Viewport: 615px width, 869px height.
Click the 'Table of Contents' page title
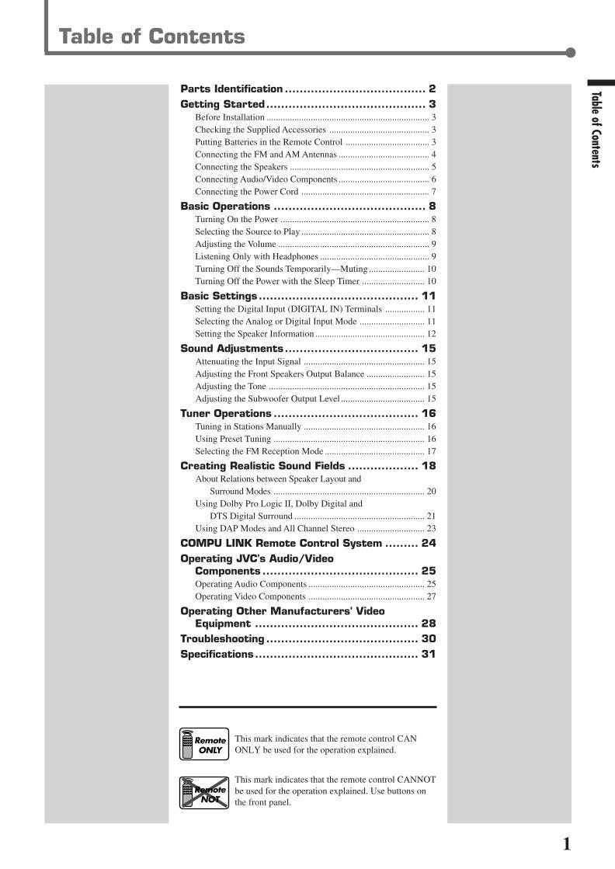(151, 36)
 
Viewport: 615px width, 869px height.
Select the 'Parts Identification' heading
(231, 89)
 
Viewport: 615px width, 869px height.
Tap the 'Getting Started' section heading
(222, 104)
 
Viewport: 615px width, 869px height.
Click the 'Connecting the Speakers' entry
(241, 167)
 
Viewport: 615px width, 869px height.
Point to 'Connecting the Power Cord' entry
(246, 192)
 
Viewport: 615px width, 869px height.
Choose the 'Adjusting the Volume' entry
(235, 244)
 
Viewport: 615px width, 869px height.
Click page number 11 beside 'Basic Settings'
(429, 296)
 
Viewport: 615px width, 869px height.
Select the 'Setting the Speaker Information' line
(254, 334)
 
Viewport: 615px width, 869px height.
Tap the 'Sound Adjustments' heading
(231, 349)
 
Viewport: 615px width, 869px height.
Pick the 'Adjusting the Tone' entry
(230, 387)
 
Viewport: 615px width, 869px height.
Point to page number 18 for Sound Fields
(429, 466)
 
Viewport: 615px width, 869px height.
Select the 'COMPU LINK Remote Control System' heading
(281, 544)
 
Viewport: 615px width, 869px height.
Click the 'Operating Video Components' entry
(250, 596)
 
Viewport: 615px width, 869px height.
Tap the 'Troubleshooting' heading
(222, 639)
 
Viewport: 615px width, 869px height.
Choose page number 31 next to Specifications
(429, 655)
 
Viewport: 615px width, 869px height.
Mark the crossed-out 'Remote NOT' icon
(204, 792)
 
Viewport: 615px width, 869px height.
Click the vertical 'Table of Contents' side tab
(596, 129)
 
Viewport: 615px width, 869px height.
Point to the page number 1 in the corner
(566, 844)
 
